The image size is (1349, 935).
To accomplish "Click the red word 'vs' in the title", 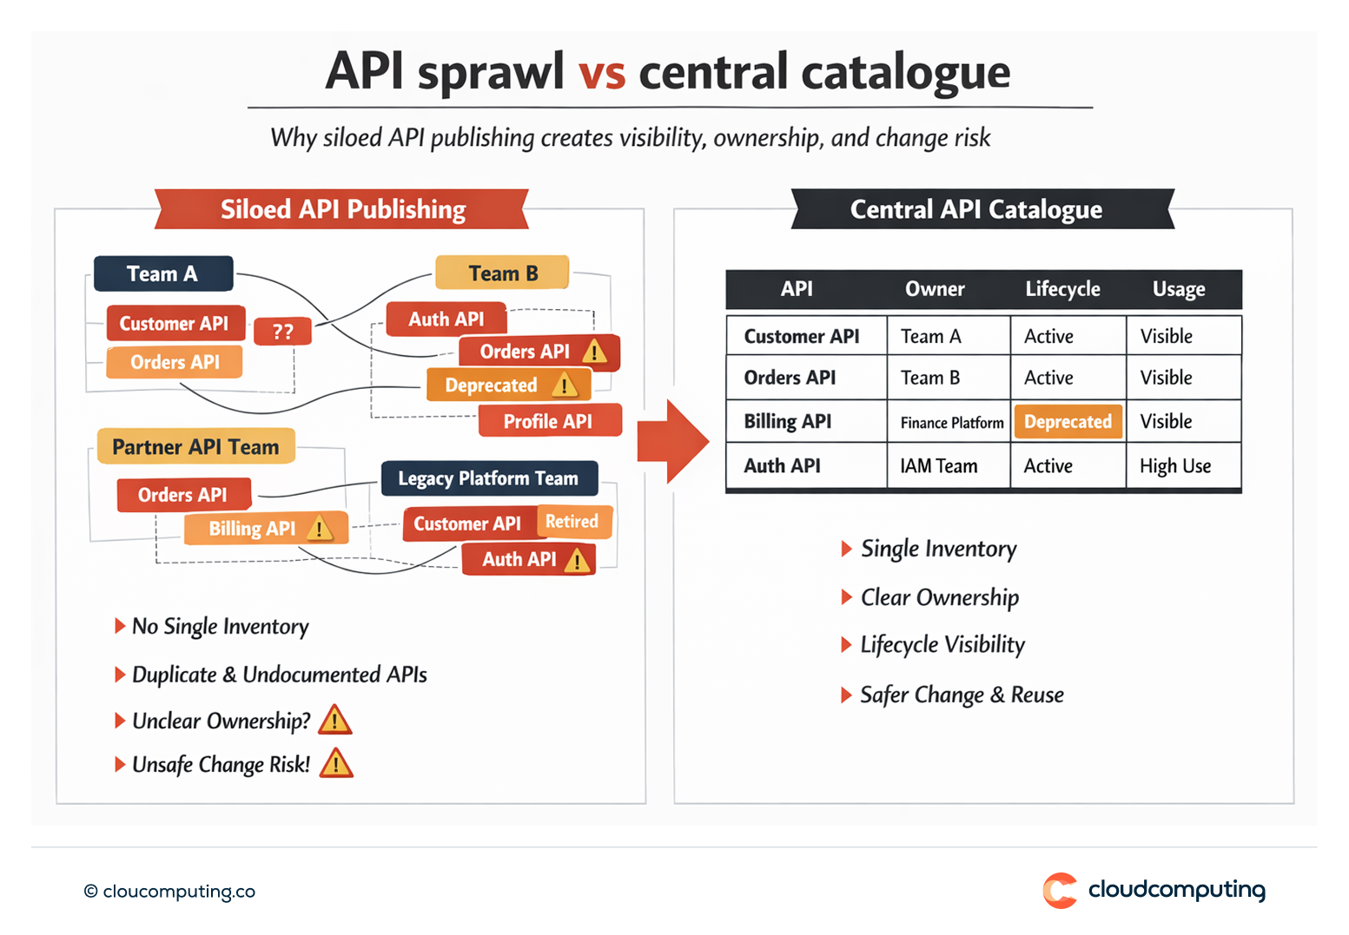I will (x=601, y=72).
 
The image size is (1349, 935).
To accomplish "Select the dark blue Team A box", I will (x=163, y=273).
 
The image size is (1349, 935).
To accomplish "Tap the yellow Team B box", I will (x=502, y=273).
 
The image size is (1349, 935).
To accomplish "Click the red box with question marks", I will (x=282, y=332).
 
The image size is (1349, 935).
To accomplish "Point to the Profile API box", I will (x=549, y=421).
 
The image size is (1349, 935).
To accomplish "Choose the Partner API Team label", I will (x=195, y=446).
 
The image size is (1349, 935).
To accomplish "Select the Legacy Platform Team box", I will (x=489, y=478).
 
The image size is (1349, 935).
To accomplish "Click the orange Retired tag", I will (x=572, y=522).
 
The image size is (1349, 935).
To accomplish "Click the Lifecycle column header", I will (x=1062, y=289).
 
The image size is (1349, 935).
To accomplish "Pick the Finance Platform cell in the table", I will (x=951, y=423).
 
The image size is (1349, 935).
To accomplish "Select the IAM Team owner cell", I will (x=939, y=466).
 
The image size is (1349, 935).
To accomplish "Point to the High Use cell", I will (x=1175, y=466).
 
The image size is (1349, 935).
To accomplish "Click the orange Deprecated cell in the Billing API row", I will (x=1068, y=422).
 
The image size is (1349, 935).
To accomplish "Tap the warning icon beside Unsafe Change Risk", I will (x=335, y=764).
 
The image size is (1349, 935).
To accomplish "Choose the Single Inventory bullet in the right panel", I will (x=937, y=549).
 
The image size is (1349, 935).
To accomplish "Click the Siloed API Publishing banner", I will (x=342, y=209).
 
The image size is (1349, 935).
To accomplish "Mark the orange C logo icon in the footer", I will (x=1060, y=891).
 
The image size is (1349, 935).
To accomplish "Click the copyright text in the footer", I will (x=170, y=892).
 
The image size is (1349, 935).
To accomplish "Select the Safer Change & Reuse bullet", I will (x=961, y=695).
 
